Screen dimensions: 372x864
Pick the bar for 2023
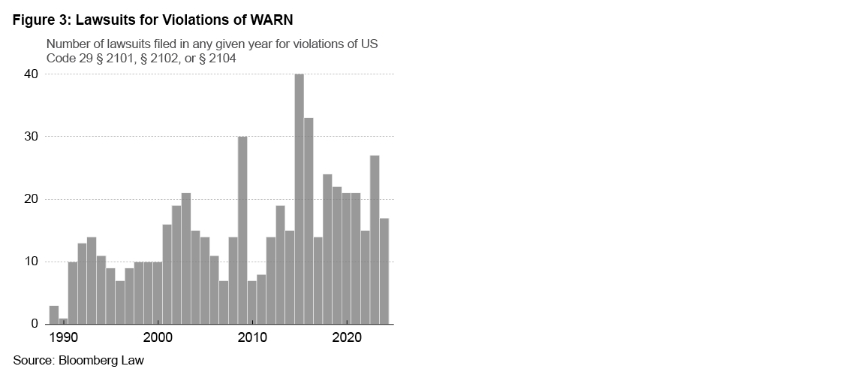pyautogui.click(x=375, y=240)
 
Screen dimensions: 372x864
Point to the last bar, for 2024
pyautogui.click(x=384, y=271)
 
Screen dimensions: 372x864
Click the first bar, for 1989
pyautogui.click(x=54, y=315)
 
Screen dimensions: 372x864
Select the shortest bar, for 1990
pyautogui.click(x=63, y=321)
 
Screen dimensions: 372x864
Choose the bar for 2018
pyautogui.click(x=327, y=249)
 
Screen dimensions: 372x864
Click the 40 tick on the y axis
pyautogui.click(x=31, y=74)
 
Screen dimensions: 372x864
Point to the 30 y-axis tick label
pyautogui.click(x=31, y=137)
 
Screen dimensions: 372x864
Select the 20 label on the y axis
pyautogui.click(x=31, y=199)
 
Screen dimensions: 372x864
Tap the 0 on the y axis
pyautogui.click(x=35, y=324)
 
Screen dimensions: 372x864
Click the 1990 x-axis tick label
pyautogui.click(x=64, y=337)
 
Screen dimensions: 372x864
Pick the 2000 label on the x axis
pyautogui.click(x=158, y=337)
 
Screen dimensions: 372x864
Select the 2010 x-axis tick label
pyautogui.click(x=252, y=337)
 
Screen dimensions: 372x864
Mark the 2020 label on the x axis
pyautogui.click(x=347, y=337)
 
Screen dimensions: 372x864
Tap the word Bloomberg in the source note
pyautogui.click(x=88, y=360)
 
